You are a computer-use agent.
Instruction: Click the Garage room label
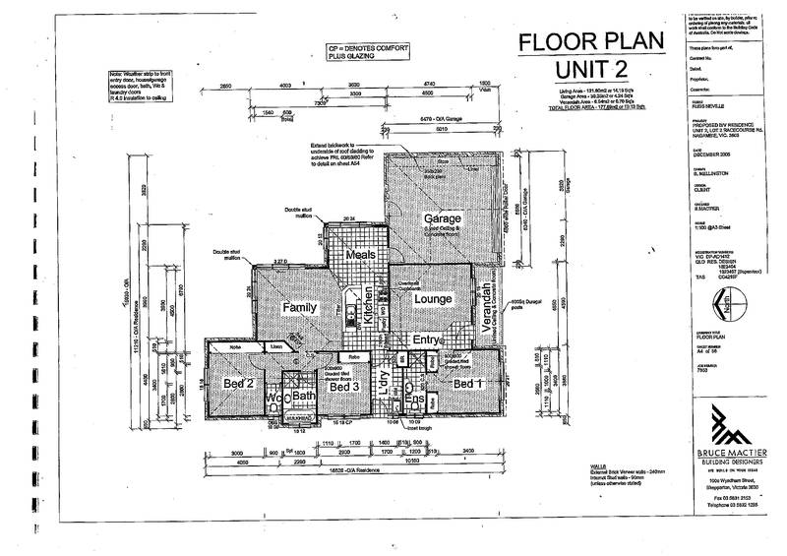pyautogui.click(x=443, y=217)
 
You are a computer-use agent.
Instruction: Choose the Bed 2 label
pyautogui.click(x=239, y=382)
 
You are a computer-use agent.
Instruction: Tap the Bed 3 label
pyautogui.click(x=343, y=386)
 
